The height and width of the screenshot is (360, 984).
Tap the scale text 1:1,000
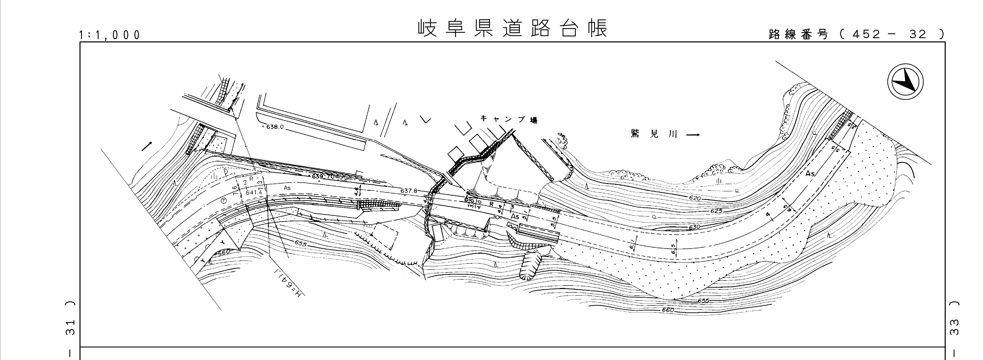pyautogui.click(x=110, y=35)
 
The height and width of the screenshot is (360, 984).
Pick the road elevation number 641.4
pyautogui.click(x=254, y=193)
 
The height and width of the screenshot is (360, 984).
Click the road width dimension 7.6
pyautogui.click(x=235, y=190)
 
